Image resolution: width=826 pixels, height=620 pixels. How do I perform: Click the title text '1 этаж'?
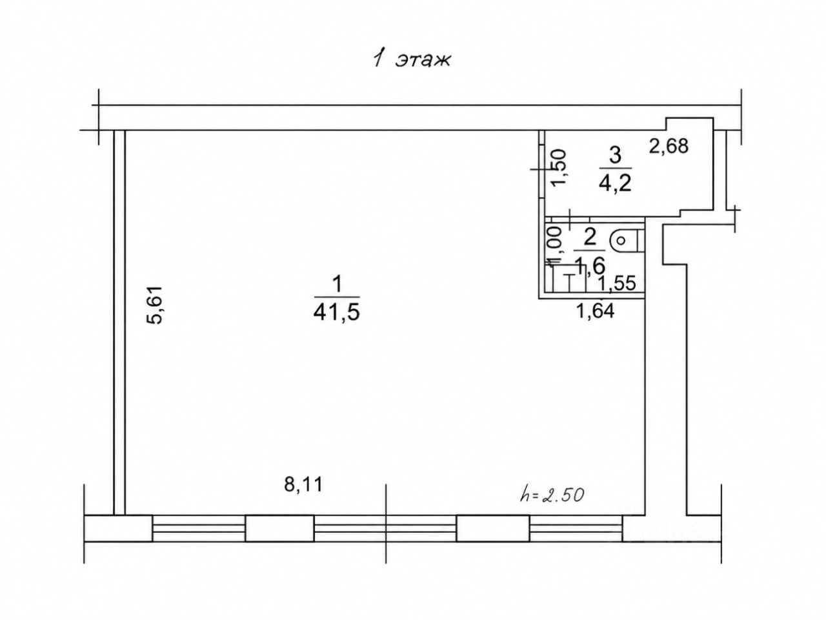point(411,60)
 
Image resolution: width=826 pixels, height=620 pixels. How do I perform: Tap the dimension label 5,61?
point(155,305)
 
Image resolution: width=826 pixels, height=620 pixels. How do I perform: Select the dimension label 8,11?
point(303,484)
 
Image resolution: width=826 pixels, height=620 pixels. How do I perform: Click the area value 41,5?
point(336,312)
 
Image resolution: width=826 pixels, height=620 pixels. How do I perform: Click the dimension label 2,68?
point(669,146)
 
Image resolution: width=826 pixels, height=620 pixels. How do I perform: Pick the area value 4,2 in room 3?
point(615,184)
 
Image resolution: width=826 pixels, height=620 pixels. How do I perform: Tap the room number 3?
point(615,156)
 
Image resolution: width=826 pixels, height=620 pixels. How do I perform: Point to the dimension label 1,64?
point(596,311)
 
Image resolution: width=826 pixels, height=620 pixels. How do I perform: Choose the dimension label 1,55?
point(617,283)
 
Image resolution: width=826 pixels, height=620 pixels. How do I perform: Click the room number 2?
point(590,238)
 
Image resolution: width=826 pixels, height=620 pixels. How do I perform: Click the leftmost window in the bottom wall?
point(199,528)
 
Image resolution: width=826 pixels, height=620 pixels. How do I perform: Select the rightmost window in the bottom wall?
point(576,528)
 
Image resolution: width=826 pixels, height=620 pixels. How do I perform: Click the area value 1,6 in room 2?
point(590,266)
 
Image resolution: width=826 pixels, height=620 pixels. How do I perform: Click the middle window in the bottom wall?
point(385,528)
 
